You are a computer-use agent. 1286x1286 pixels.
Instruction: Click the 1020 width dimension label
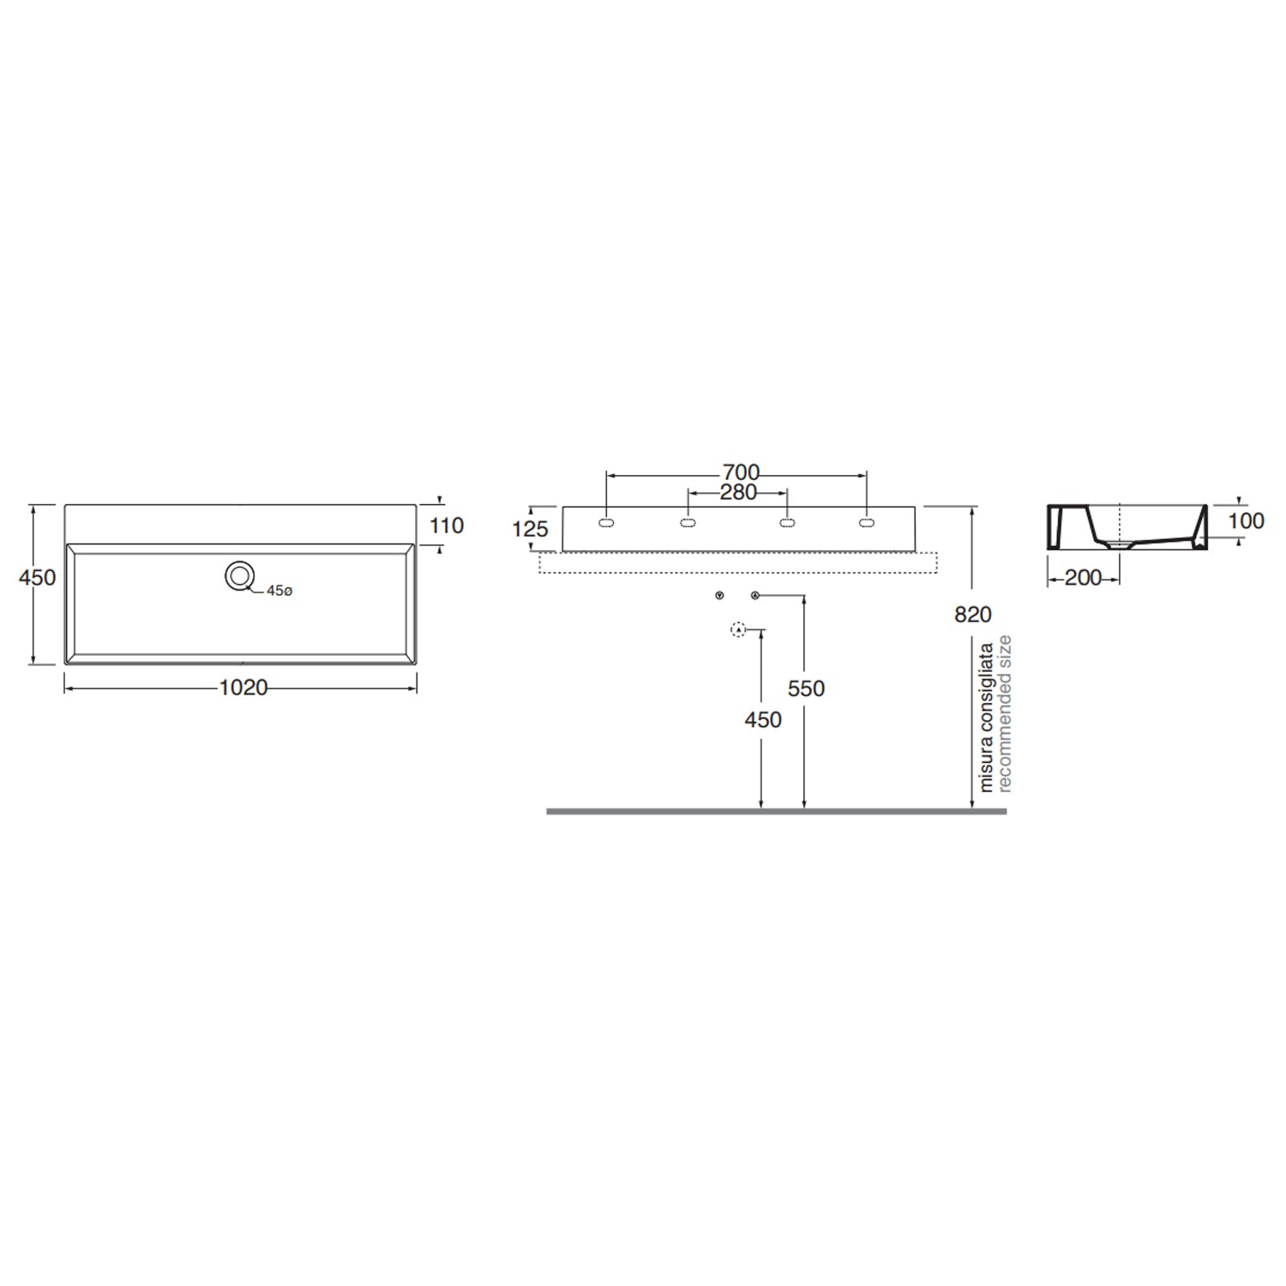coord(243,688)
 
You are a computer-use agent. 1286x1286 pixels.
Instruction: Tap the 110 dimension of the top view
coord(447,525)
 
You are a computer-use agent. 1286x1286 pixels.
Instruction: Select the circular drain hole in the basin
coord(239,576)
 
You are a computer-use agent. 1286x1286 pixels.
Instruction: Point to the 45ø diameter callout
coord(279,591)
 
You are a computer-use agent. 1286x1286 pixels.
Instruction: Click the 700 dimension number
coord(741,472)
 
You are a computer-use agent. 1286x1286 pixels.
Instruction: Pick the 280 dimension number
coord(738,492)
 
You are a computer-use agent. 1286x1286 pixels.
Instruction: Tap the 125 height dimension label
coord(530,529)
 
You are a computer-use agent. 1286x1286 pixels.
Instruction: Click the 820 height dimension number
coord(973,614)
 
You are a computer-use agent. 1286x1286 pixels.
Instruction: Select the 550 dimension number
coord(806,688)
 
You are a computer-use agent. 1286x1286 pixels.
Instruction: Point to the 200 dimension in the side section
coord(1083,578)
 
